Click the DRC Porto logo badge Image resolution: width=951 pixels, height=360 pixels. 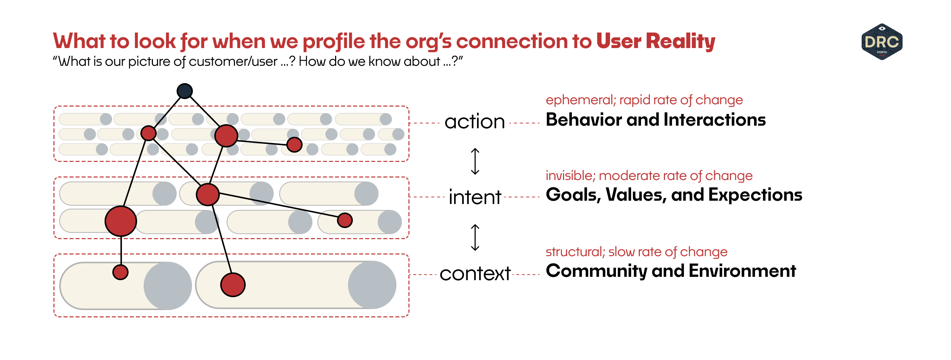click(882, 42)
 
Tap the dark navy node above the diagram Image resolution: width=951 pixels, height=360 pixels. click(185, 91)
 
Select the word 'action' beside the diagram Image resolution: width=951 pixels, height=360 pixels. click(474, 122)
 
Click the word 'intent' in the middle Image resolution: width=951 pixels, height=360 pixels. click(475, 197)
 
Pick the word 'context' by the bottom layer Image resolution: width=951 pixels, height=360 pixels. click(475, 274)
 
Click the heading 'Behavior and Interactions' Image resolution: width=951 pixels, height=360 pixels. click(655, 120)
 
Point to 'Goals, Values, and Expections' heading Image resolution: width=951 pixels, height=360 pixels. click(674, 195)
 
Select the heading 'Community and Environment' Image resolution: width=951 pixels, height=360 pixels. click(671, 271)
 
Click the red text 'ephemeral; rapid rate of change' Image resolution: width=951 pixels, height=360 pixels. click(644, 100)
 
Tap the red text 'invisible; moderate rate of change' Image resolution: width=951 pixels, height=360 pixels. click(649, 176)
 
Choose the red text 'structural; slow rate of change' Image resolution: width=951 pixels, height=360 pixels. click(636, 252)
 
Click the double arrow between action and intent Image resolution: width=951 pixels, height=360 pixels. click(475, 161)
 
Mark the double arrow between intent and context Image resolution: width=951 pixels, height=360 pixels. click(475, 237)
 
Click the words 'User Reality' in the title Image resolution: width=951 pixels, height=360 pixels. click(655, 41)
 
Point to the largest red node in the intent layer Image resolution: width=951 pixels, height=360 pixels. click(121, 221)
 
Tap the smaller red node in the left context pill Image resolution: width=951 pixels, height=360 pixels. click(120, 272)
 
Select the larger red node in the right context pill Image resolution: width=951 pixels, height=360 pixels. click(233, 285)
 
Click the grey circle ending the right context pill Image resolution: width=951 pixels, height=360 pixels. click(372, 285)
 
